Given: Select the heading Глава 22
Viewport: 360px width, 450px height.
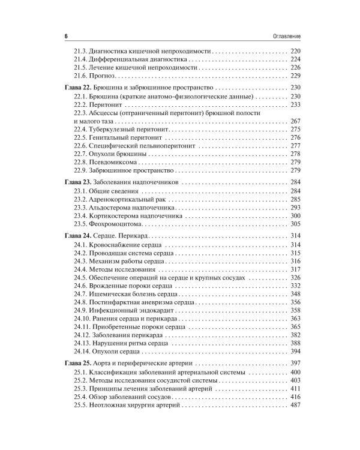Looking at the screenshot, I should point(76,88).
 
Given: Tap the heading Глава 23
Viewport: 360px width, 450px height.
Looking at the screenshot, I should point(76,182).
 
